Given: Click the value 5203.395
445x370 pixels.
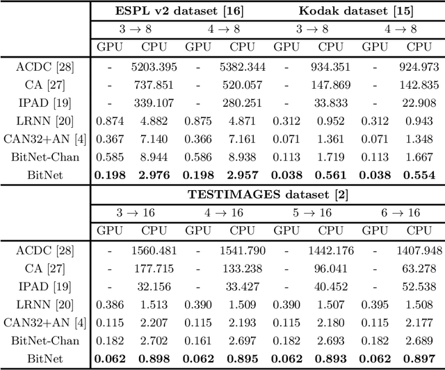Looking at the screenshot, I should pyautogui.click(x=152, y=67).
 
